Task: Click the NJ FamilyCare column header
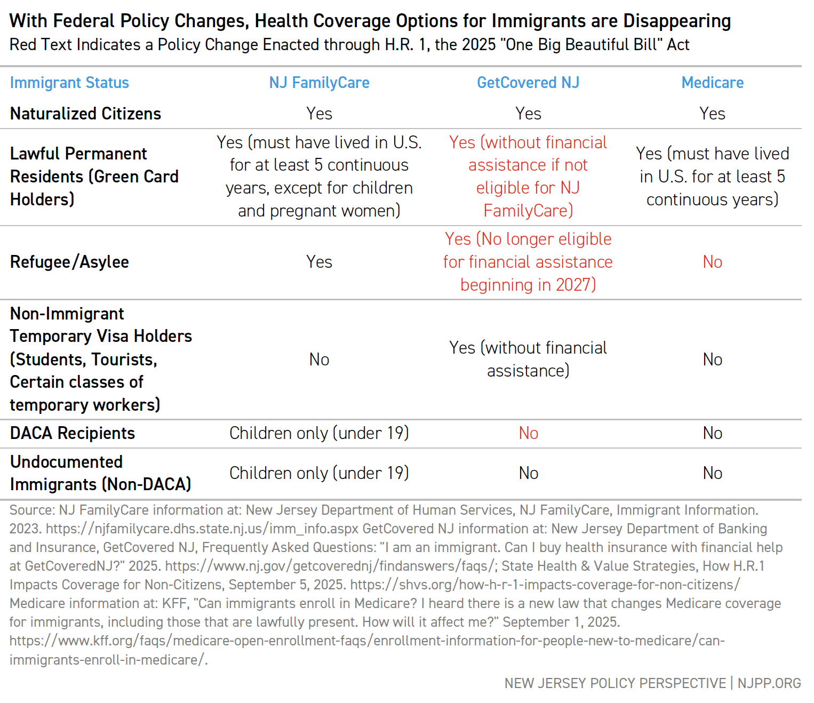pos(319,83)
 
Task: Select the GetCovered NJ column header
pos(528,83)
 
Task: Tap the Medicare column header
pos(712,83)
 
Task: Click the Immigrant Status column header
pos(69,83)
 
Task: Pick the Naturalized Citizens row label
pos(85,114)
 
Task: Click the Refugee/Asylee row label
pos(69,262)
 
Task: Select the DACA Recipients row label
pos(73,433)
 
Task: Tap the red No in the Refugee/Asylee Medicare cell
pos(712,262)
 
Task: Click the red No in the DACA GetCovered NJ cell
pos(528,433)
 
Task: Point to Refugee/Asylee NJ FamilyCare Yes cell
pos(319,262)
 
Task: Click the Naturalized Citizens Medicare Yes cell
pos(712,114)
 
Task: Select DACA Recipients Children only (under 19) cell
pos(319,433)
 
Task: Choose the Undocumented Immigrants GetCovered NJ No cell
pos(528,473)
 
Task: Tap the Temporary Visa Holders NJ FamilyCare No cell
pos(319,360)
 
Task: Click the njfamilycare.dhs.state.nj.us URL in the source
pos(203,529)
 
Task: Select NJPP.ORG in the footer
pos(769,683)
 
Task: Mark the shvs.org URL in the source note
pos(545,585)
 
